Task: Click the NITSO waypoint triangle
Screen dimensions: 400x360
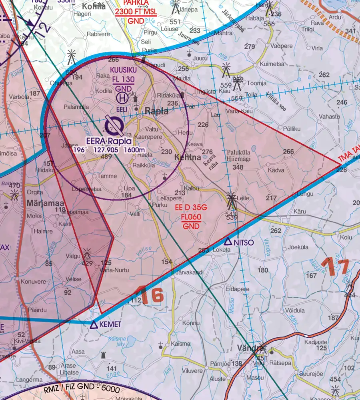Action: point(228,241)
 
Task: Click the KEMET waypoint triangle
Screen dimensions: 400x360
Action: point(94,324)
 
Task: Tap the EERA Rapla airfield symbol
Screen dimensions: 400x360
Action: point(114,126)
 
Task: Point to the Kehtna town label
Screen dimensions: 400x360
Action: point(188,157)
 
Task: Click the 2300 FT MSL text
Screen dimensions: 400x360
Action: point(136,12)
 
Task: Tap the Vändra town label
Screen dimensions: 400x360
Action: point(249,347)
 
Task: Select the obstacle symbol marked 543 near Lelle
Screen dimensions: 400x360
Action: point(231,200)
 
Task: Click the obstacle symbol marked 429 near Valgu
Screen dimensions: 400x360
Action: point(87,254)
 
